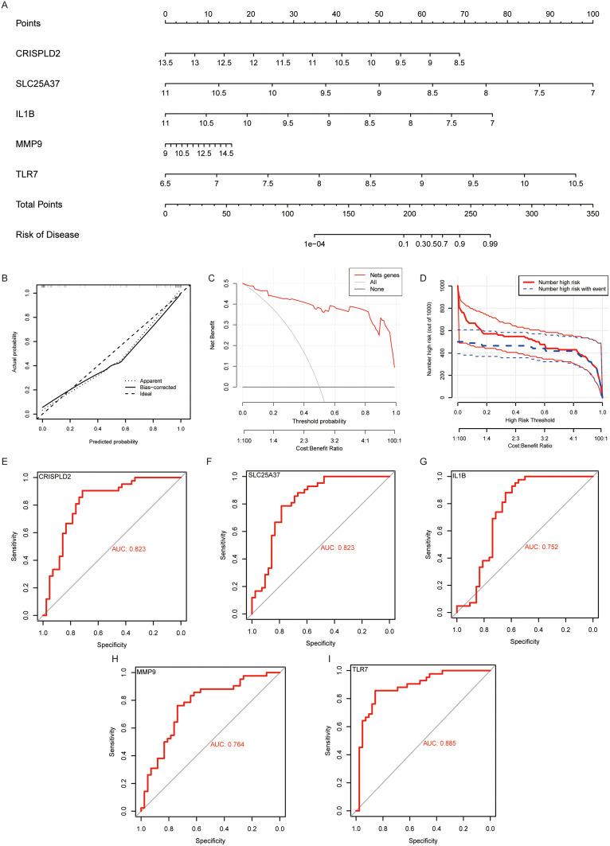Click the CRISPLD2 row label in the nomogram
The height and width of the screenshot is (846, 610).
(x=37, y=53)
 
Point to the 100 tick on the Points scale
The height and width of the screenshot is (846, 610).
(x=592, y=14)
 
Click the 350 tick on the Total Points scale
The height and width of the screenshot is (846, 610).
(x=592, y=213)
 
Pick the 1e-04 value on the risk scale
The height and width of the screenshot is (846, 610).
(x=315, y=244)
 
